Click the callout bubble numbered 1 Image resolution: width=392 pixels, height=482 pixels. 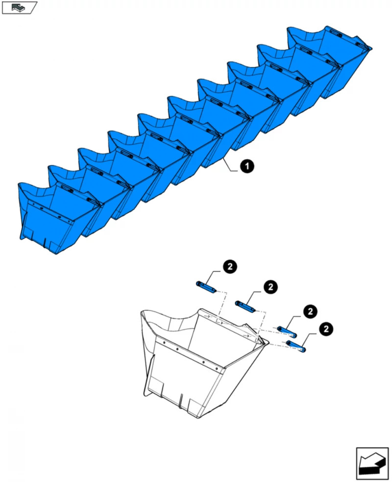[247, 167]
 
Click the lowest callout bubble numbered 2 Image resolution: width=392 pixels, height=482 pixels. [325, 329]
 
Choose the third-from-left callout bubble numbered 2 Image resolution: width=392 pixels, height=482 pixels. [310, 311]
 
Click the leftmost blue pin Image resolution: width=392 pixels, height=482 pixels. [205, 286]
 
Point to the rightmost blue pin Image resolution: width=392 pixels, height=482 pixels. [296, 346]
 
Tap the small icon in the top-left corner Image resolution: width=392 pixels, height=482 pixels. [19, 7]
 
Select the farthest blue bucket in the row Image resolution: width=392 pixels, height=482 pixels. [328, 54]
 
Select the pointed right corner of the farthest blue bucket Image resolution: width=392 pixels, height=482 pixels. [371, 48]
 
